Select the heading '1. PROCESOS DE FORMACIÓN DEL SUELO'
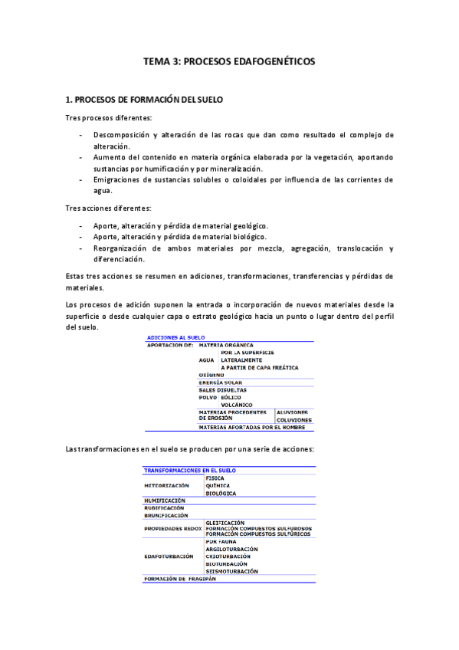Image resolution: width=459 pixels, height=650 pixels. click(144, 100)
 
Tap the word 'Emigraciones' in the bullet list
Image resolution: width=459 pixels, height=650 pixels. click(118, 179)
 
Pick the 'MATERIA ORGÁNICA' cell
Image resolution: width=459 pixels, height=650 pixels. click(226, 345)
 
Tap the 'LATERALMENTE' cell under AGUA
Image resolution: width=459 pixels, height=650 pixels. click(241, 359)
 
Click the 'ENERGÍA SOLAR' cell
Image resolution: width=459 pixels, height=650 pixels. click(221, 382)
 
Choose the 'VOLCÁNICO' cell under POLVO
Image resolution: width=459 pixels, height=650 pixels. click(237, 404)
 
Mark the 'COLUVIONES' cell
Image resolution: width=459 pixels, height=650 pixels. click(294, 419)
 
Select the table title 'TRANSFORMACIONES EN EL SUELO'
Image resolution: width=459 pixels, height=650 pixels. click(190, 470)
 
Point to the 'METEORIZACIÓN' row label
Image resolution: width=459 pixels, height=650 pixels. click(167, 485)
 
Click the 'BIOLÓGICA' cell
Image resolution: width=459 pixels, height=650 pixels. click(221, 493)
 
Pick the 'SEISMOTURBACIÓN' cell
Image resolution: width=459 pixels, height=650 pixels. click(231, 570)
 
